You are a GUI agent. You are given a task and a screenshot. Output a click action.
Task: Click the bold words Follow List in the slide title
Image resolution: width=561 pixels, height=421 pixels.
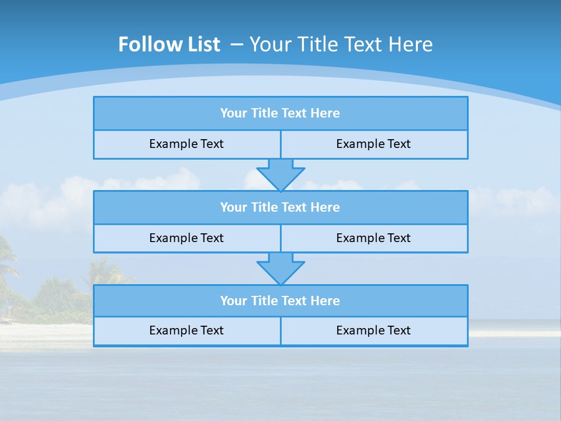pyautogui.click(x=169, y=44)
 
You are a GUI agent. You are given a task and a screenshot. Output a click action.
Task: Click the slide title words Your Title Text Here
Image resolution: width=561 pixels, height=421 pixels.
pyautogui.click(x=341, y=44)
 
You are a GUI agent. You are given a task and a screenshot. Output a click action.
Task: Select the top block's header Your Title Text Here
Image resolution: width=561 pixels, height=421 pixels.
pyautogui.click(x=280, y=113)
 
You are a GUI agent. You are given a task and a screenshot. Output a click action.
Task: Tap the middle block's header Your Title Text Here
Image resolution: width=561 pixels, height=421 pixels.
pyautogui.click(x=280, y=208)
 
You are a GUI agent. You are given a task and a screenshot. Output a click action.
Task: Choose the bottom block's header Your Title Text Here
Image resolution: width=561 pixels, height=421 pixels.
pyautogui.click(x=280, y=301)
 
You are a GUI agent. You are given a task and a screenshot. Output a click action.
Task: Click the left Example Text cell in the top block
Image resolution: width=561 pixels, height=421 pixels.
pyautogui.click(x=186, y=144)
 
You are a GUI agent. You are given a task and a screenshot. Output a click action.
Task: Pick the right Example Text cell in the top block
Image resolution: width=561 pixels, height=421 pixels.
pyautogui.click(x=373, y=144)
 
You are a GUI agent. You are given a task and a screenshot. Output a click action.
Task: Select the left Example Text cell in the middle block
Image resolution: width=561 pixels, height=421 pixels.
pyautogui.click(x=186, y=239)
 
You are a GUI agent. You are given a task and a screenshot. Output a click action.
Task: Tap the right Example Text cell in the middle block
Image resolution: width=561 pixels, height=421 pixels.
pyautogui.click(x=373, y=239)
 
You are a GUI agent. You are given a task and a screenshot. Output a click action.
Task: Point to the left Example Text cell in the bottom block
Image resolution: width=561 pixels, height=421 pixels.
pyautogui.click(x=186, y=331)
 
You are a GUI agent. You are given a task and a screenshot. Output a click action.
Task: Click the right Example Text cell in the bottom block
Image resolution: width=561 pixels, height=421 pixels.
pyautogui.click(x=373, y=331)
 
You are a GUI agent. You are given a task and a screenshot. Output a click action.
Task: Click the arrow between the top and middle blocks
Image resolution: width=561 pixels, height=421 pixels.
pyautogui.click(x=280, y=174)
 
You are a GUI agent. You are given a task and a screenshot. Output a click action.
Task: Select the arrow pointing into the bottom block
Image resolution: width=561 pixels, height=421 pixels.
pyautogui.click(x=280, y=268)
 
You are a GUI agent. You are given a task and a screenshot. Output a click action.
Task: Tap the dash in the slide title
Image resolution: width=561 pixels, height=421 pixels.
pyautogui.click(x=237, y=44)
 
